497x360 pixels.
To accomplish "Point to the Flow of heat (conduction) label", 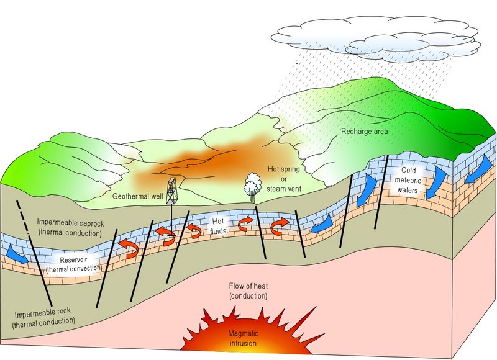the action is pyautogui.click(x=248, y=291).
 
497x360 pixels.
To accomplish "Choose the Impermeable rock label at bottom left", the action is pyautogui.click(x=47, y=317).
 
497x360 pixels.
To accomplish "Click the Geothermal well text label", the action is pyautogui.click(x=138, y=196).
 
